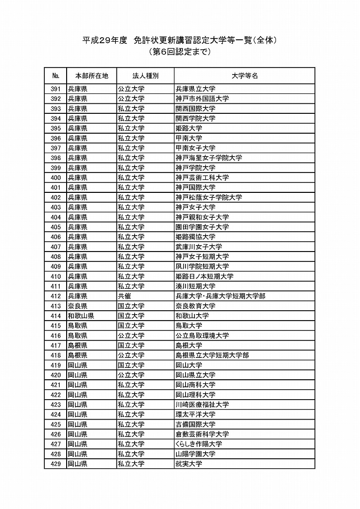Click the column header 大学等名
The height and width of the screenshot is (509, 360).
[x=244, y=76]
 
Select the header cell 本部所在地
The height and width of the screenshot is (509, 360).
[x=91, y=76]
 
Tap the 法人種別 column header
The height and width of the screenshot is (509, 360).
[x=145, y=76]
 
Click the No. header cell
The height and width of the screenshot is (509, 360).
[x=55, y=76]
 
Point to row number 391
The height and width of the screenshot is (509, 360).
[x=55, y=89]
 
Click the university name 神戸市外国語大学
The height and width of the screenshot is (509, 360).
[x=202, y=99]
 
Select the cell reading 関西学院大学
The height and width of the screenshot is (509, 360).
[x=195, y=118]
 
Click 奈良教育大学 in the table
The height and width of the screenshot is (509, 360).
[x=195, y=306]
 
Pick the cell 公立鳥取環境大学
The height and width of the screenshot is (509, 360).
[x=202, y=336]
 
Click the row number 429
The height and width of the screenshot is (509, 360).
[x=55, y=464]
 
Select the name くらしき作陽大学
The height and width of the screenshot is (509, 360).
[x=199, y=444]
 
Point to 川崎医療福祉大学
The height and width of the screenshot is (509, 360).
[x=202, y=405]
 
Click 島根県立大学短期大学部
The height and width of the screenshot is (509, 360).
[x=212, y=355]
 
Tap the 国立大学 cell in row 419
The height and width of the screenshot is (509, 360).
[x=131, y=365]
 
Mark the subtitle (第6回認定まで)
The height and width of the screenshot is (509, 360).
[x=180, y=52]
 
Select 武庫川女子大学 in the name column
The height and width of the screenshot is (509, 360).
[x=199, y=247]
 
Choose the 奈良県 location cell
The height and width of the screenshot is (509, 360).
[x=78, y=306]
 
